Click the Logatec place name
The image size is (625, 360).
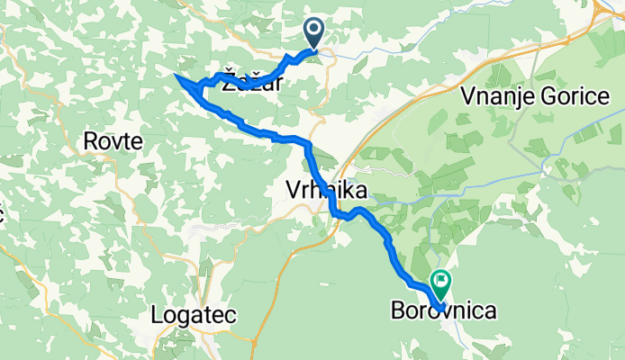[195, 316]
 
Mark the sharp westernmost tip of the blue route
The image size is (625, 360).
[175, 76]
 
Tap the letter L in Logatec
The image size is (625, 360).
[157, 316]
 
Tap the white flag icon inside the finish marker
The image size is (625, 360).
[441, 280]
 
